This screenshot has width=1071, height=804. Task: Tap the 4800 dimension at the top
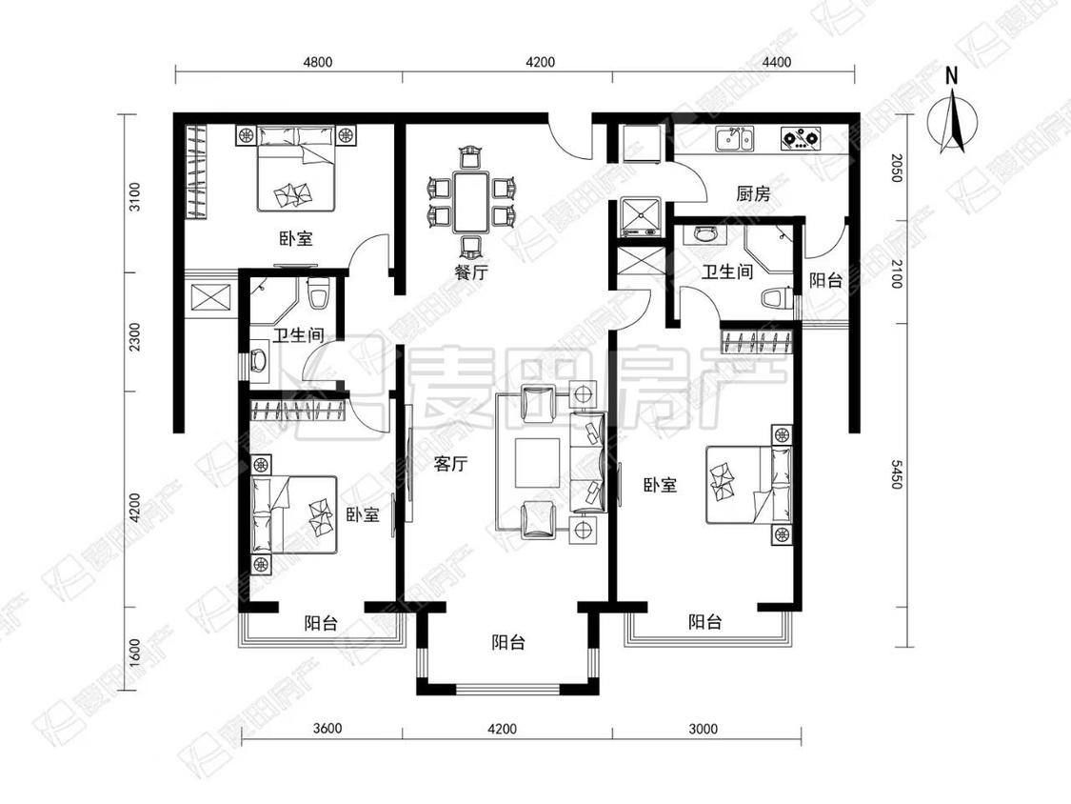318,62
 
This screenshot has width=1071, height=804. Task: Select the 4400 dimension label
777,62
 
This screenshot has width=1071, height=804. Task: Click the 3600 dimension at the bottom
327,728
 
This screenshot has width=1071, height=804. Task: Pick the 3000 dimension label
703,729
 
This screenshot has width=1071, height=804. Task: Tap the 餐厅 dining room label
471,272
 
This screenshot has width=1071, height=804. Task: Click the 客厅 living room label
451,464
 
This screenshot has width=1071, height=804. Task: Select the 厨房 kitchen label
753,194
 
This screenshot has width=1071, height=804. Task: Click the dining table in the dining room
470,202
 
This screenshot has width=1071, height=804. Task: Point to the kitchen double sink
735,138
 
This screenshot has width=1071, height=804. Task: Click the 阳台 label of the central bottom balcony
509,643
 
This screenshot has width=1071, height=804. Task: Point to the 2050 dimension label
897,169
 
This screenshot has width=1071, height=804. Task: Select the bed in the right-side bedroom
748,485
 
